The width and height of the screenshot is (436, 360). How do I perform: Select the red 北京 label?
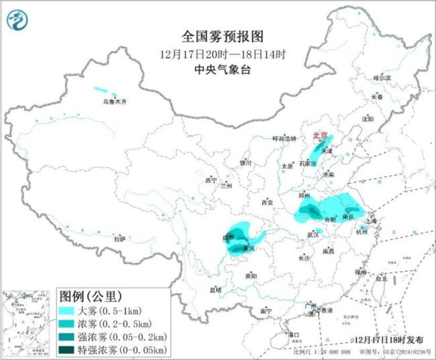pos(321,136)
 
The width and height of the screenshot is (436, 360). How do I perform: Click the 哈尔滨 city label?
pos(381,78)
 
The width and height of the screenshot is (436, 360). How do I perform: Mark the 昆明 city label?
pos(215,290)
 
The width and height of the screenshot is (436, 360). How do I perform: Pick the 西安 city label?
pos(268,202)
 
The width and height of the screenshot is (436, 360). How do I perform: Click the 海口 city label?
pos(292,333)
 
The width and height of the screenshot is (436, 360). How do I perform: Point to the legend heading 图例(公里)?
pos(90,296)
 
